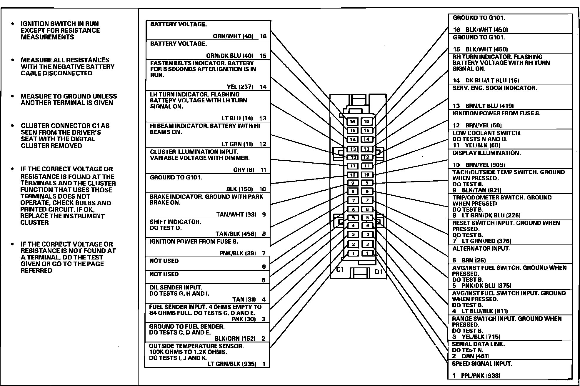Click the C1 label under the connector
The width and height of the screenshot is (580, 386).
click(340, 269)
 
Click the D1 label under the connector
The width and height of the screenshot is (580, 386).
click(379, 272)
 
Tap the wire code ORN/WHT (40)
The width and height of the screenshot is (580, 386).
click(233, 36)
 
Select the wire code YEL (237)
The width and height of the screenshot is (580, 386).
click(240, 87)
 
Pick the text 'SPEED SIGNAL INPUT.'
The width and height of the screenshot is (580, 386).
click(482, 364)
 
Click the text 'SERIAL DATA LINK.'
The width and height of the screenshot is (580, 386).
click(478, 344)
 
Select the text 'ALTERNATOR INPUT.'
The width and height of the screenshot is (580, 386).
click(481, 249)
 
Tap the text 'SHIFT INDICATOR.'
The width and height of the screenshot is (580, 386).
click(175, 222)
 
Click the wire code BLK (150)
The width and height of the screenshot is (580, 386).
click(239, 189)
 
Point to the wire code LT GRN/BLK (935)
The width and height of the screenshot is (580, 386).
click(232, 364)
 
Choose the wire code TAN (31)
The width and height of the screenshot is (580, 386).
click(244, 300)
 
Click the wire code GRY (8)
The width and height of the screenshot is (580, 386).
click(244, 170)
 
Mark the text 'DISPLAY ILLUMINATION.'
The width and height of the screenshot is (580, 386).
click(486, 153)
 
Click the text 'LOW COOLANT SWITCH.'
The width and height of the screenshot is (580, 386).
click(487, 133)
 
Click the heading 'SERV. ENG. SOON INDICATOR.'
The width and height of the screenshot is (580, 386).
click(495, 88)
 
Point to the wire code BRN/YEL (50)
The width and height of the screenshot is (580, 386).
click(484, 125)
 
